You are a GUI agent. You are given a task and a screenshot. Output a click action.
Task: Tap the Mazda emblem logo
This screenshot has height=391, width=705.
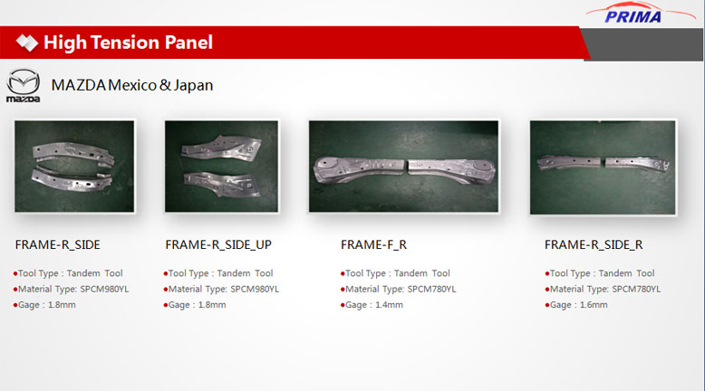[23, 85]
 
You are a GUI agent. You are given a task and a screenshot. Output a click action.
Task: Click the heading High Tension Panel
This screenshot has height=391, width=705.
[128, 43]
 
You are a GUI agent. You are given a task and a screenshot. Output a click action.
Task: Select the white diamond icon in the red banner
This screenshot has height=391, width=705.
[27, 43]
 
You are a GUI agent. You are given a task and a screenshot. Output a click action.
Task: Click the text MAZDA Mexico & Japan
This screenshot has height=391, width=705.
[132, 85]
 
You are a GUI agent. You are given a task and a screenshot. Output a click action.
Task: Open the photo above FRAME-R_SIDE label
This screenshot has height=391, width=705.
[74, 167]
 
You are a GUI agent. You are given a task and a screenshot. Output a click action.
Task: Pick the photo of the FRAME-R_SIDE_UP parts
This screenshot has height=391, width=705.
[221, 167]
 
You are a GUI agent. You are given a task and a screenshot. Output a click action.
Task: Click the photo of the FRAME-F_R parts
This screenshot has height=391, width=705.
[403, 167]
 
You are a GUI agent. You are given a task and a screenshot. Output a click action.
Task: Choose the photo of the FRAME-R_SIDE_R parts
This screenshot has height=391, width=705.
[603, 167]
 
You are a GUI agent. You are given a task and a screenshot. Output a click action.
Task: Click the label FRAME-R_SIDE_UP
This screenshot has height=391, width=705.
[218, 244]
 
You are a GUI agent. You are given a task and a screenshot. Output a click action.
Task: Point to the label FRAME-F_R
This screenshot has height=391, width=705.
[373, 244]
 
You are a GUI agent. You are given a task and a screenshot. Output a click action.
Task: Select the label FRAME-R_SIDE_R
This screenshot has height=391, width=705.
[594, 244]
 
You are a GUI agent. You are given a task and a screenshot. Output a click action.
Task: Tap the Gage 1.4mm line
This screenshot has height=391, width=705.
[372, 305]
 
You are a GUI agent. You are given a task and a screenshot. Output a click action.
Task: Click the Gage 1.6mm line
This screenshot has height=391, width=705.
[576, 305]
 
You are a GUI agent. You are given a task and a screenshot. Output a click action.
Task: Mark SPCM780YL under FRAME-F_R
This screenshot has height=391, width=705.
[431, 289]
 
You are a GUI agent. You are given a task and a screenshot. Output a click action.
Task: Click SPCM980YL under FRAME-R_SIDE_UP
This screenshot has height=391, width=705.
[255, 289]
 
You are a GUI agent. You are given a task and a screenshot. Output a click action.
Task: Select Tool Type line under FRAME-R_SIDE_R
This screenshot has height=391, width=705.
[599, 273]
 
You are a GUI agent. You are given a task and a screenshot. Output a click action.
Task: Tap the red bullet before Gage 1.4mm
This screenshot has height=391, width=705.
[343, 305]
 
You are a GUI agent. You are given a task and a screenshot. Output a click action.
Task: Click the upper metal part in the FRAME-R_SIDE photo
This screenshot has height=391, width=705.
[73, 153]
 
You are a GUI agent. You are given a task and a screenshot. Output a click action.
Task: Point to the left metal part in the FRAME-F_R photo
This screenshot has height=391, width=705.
[359, 169]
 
